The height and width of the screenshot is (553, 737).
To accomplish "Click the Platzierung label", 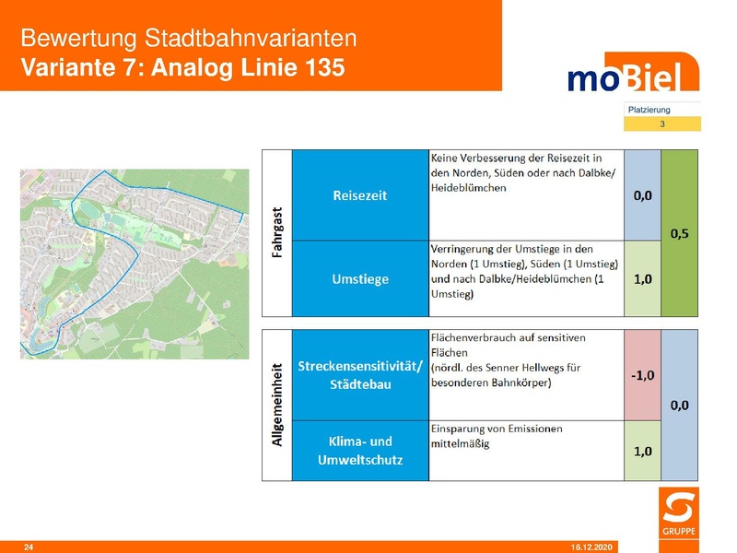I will click(x=649, y=110).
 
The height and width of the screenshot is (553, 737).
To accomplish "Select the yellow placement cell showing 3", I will click(x=661, y=124).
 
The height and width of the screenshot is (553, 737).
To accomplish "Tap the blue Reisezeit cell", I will click(x=360, y=195).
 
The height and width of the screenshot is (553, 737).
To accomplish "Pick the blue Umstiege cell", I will click(x=360, y=278).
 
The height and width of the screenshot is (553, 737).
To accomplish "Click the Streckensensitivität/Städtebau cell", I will click(x=360, y=375).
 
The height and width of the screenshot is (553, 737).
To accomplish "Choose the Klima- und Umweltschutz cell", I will click(x=360, y=451).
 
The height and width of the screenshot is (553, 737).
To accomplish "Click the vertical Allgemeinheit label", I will click(x=276, y=406).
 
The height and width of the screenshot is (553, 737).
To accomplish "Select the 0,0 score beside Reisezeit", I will click(x=643, y=195).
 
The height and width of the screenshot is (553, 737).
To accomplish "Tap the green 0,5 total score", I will click(x=681, y=233).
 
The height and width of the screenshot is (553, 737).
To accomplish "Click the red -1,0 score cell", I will click(x=643, y=375).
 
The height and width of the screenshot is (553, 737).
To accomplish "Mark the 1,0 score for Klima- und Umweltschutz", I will click(x=643, y=451).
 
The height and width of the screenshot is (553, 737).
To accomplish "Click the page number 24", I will click(x=28, y=547).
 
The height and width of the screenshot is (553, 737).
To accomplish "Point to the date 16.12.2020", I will click(x=590, y=547).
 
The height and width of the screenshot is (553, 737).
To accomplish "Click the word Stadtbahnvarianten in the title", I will click(x=251, y=39).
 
